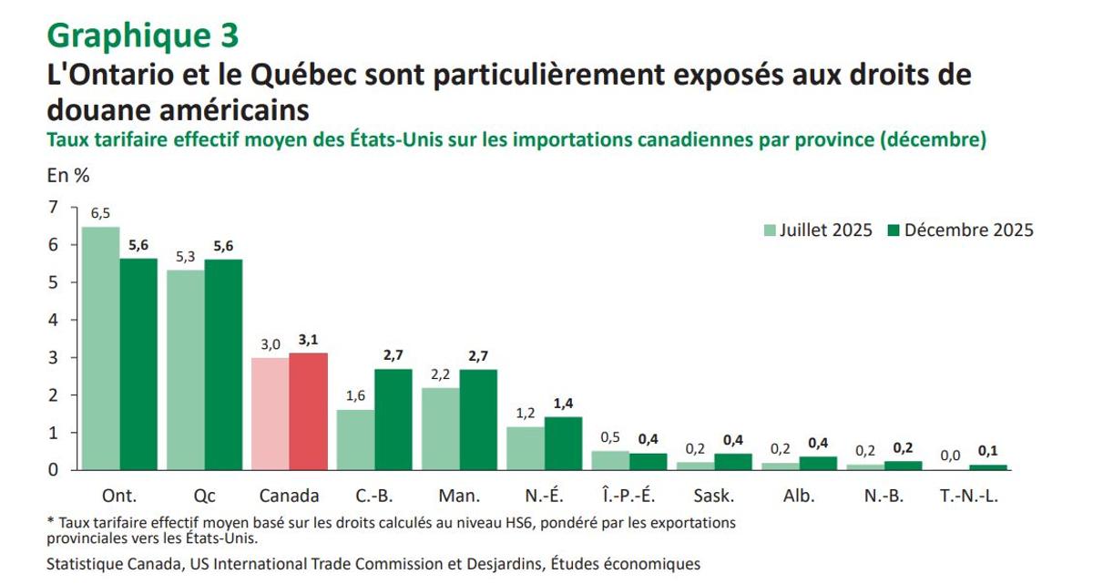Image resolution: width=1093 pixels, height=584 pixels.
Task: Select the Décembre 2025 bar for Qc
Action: tap(223, 364)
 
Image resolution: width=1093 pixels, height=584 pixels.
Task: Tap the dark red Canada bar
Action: tap(308, 411)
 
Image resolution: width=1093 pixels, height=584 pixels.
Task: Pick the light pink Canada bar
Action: tap(271, 414)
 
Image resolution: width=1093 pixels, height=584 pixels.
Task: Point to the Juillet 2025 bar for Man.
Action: tap(440, 428)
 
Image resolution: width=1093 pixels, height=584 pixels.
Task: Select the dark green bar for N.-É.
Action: tap(563, 443)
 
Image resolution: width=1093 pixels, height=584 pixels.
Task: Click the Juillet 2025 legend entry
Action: tap(817, 231)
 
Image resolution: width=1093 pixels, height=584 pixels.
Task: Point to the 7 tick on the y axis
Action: tap(53, 208)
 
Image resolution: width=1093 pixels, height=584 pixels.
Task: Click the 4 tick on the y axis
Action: tap(53, 320)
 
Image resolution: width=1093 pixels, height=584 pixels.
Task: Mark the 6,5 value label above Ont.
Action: tap(100, 213)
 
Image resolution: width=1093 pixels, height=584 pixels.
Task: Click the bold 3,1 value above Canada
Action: tap(308, 340)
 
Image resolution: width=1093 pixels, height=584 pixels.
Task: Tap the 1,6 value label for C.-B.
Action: tap(355, 396)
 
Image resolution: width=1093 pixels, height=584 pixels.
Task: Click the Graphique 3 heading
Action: tap(143, 35)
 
